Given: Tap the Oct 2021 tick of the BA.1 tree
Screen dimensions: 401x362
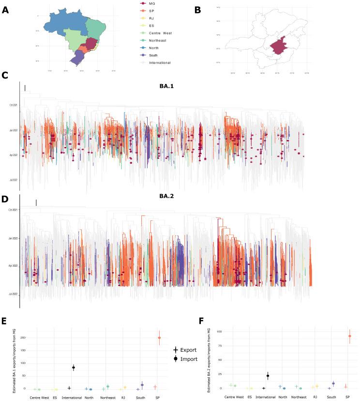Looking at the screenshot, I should coord(13,105).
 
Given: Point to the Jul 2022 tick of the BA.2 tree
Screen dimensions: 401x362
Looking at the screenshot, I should coord(13,294).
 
